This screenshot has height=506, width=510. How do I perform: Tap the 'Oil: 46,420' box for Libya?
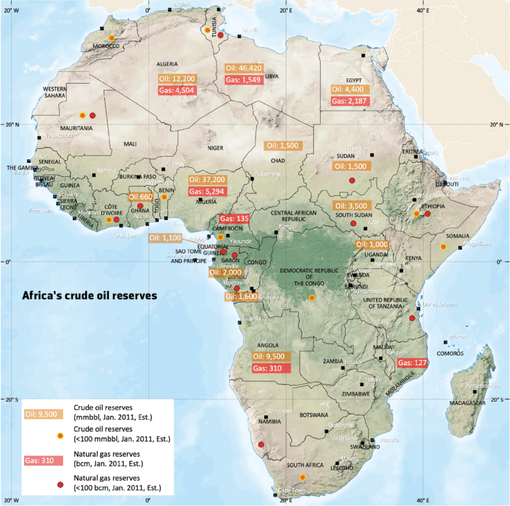[x=244, y=68]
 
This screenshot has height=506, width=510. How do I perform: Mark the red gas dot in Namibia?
[x=261, y=444]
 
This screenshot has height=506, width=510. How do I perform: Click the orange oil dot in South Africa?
[x=303, y=477]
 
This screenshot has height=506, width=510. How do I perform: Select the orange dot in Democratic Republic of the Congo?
[x=312, y=297]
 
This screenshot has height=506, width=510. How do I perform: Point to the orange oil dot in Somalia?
[x=443, y=246]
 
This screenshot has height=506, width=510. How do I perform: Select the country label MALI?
[x=129, y=143]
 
